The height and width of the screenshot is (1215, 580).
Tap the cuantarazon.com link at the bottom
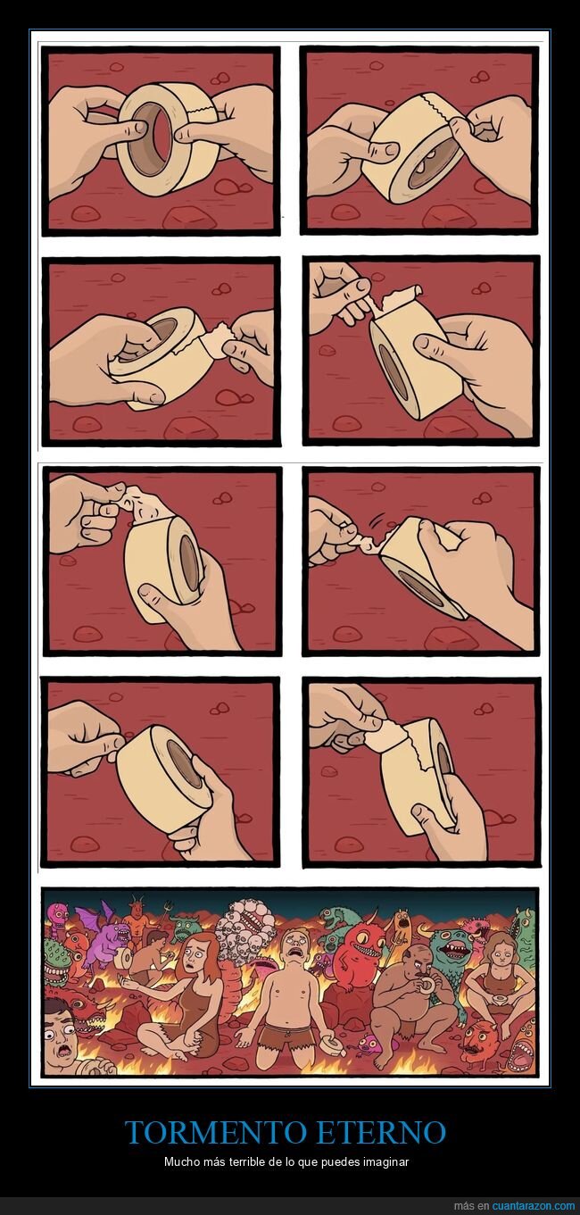click(x=528, y=1206)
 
